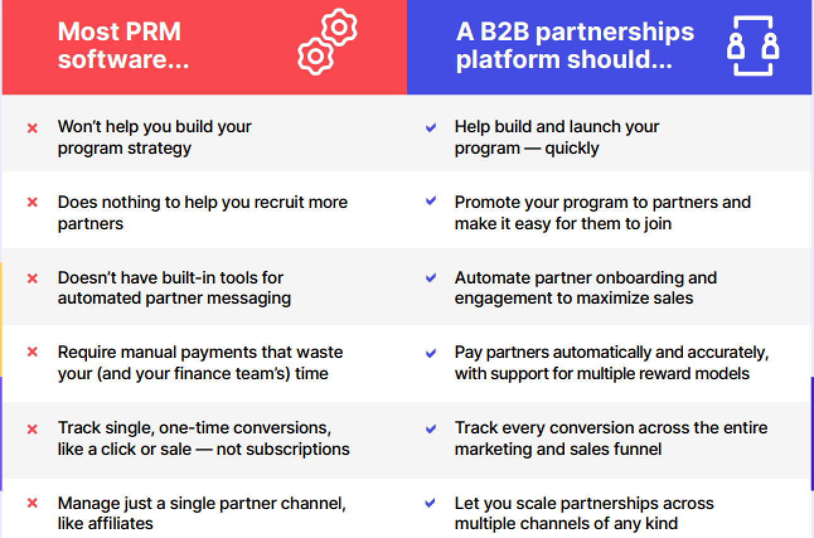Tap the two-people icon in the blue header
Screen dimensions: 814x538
[x=753, y=45]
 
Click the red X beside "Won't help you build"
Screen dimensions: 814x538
[x=32, y=128]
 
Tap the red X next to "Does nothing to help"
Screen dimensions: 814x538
[x=32, y=203]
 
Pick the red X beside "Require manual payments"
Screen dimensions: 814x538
[x=32, y=352]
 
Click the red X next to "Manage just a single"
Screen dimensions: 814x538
[x=32, y=503]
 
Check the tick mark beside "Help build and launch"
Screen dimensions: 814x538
[x=431, y=128]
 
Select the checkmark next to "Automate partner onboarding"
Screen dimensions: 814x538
[x=431, y=278]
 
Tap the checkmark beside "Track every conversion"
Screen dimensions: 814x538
[x=431, y=429]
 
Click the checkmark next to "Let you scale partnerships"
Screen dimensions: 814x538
[x=431, y=503]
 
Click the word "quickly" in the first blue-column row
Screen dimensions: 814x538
[x=571, y=149]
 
